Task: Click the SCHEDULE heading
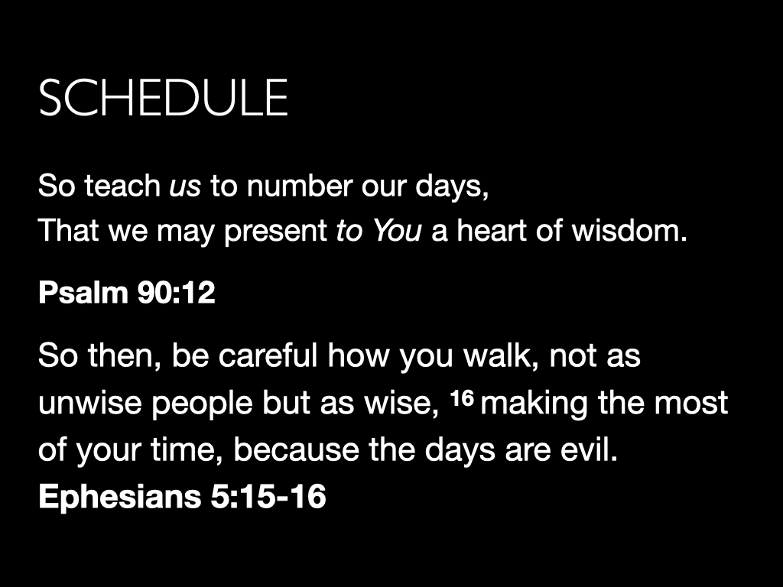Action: coord(163,97)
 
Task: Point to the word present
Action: coord(275,231)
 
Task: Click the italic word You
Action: coord(396,230)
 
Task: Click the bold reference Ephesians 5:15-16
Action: coord(182,497)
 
